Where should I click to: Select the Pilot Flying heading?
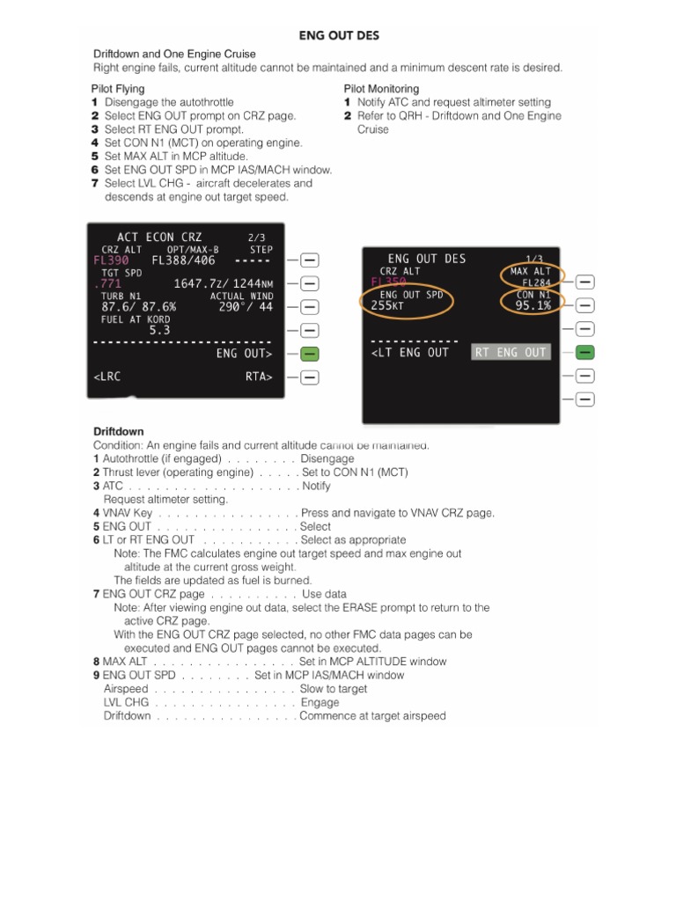[x=118, y=89]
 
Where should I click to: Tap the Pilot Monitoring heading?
[x=381, y=89]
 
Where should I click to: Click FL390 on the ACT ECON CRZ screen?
[x=111, y=260]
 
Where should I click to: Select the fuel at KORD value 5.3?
[x=159, y=330]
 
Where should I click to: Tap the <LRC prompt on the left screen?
[x=107, y=377]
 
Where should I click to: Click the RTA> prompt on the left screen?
[x=259, y=377]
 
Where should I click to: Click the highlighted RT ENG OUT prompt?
[x=511, y=353]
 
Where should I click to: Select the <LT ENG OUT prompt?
[x=410, y=353]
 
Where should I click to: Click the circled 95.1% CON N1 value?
[x=533, y=305]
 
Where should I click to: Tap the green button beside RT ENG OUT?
[x=584, y=353]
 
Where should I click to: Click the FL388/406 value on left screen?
[x=183, y=260]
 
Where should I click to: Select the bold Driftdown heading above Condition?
[x=118, y=431]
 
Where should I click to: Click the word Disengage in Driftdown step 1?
[x=327, y=458]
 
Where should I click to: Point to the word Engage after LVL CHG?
[x=320, y=703]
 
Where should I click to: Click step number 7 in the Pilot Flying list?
[x=95, y=183]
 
